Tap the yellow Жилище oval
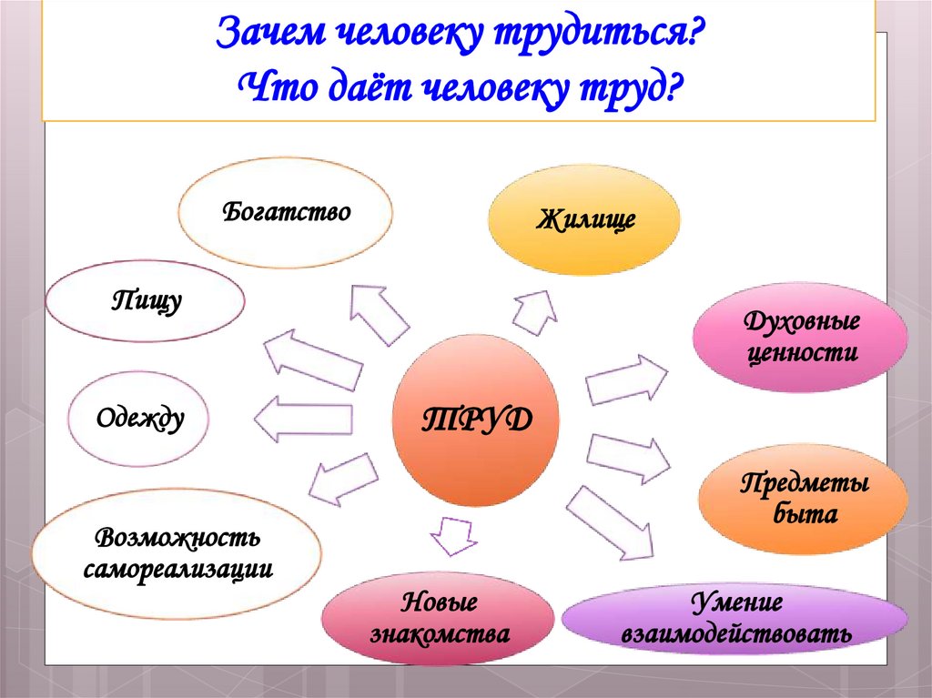[x=584, y=219]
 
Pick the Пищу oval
[x=146, y=300]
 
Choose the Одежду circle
[x=139, y=419]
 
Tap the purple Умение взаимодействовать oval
[x=735, y=618]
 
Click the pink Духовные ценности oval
[x=800, y=338]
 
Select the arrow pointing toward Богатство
[x=378, y=313]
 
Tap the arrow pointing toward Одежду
[x=302, y=419]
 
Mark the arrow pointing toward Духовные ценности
[x=625, y=379]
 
